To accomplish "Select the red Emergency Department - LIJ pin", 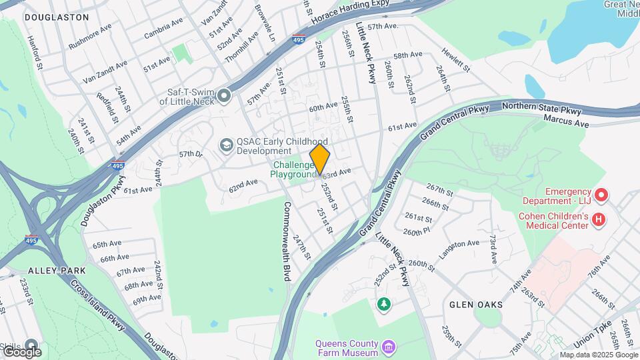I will tap(602, 195).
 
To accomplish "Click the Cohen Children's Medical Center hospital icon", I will tap(599, 219).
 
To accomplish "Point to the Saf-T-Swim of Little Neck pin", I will tap(223, 96).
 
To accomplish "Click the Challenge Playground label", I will tap(293, 170).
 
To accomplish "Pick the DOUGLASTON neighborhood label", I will tap(57, 17).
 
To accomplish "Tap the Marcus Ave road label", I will tap(567, 121).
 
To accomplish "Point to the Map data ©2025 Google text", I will tap(598, 355).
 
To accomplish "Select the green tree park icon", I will tap(383, 305).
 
